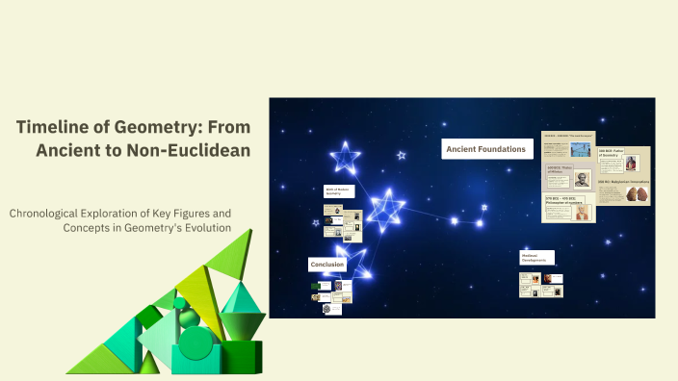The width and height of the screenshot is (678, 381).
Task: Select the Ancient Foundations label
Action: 486,149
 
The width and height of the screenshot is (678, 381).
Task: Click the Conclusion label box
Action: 326,264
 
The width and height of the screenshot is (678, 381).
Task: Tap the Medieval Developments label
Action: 536,258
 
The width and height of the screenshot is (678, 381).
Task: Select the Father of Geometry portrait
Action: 632,163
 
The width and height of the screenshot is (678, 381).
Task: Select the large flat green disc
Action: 196,342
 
